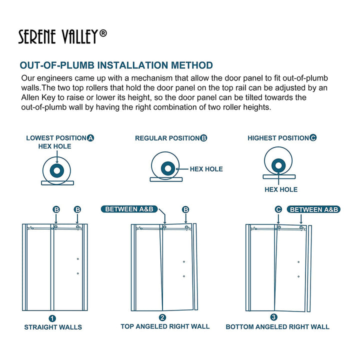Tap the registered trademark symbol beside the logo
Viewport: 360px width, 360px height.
pyautogui.click(x=103, y=33)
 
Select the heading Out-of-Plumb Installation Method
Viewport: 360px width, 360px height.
pyautogui.click(x=116, y=65)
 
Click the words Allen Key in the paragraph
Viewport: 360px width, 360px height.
pyautogui.click(x=41, y=97)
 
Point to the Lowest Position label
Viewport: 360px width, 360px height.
pyautogui.click(x=56, y=138)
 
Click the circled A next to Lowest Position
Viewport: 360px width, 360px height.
pyautogui.click(x=90, y=138)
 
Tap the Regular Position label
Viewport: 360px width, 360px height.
pyautogui.click(x=167, y=138)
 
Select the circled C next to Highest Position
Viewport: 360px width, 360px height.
pyautogui.click(x=313, y=138)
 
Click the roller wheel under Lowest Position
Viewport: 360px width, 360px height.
pyautogui.click(x=57, y=170)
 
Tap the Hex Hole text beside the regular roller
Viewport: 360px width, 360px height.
pyautogui.click(x=206, y=169)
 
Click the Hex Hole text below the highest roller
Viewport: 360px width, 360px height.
pyautogui.click(x=281, y=189)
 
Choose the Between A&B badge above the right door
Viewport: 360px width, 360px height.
pyautogui.click(x=314, y=209)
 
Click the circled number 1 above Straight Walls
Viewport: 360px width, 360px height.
pyautogui.click(x=52, y=318)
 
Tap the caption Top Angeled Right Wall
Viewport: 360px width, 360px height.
pyautogui.click(x=165, y=326)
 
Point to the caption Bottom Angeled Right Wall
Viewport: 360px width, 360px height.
pyautogui.click(x=277, y=327)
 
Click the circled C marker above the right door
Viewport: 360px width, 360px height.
pyautogui.click(x=278, y=209)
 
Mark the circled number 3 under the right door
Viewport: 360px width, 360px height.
pyautogui.click(x=273, y=317)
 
